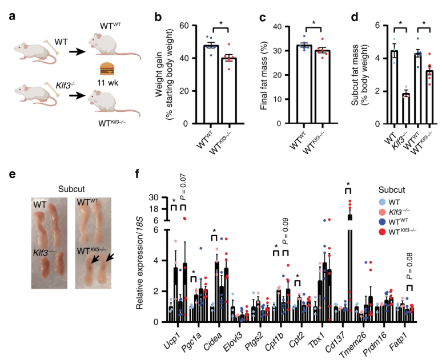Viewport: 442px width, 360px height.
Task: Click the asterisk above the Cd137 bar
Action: (x=347, y=184)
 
